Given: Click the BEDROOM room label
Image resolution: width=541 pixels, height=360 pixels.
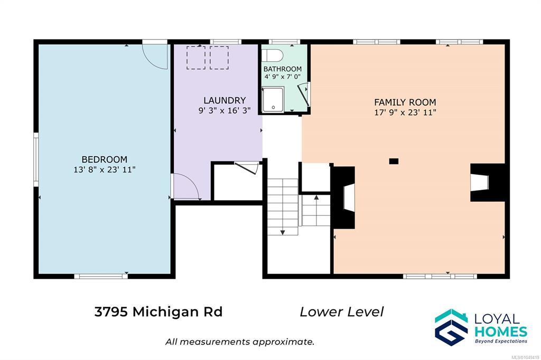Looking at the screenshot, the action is (104, 159).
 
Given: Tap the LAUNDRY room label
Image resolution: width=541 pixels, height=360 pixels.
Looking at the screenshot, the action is (225, 100).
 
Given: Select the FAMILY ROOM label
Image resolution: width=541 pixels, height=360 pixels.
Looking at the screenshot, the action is (405, 102).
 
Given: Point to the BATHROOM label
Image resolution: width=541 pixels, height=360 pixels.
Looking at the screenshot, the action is (283, 69).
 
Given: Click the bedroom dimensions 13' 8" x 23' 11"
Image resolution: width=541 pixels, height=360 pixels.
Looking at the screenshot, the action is (104, 169).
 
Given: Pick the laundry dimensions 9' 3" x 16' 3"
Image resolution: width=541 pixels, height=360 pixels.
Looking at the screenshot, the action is (225, 111).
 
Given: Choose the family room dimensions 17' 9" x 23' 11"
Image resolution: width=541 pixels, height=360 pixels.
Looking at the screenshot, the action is (405, 112).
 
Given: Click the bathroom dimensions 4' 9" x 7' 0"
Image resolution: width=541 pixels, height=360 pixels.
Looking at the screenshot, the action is (283, 77).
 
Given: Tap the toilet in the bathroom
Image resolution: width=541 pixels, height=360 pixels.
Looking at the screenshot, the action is (272, 55).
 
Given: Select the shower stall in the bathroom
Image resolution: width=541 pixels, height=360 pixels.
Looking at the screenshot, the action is (273, 100).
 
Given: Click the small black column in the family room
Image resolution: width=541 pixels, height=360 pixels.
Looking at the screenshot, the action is (394, 161).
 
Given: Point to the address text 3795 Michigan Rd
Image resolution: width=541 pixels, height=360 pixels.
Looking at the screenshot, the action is (158, 312).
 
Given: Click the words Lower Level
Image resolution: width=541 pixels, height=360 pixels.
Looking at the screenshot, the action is (342, 312).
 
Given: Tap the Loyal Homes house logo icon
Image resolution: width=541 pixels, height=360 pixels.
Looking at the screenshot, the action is (451, 327).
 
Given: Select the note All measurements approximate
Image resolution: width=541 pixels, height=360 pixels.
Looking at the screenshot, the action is (240, 342).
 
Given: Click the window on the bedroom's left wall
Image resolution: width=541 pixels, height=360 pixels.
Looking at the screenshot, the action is (36, 159).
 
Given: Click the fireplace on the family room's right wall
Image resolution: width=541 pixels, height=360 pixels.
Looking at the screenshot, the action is (488, 183).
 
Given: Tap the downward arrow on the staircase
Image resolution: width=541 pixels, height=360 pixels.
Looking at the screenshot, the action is (283, 232).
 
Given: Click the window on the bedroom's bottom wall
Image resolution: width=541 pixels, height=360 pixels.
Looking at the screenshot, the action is (101, 276).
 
